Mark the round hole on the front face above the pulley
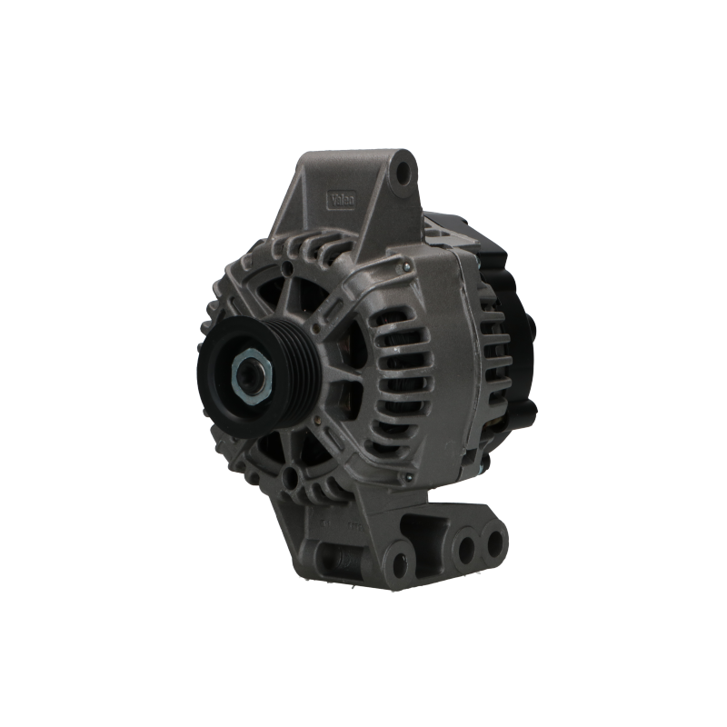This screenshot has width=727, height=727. pyautogui.click(x=288, y=267)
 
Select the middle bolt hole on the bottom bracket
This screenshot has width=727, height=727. pyautogui.click(x=465, y=548)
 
